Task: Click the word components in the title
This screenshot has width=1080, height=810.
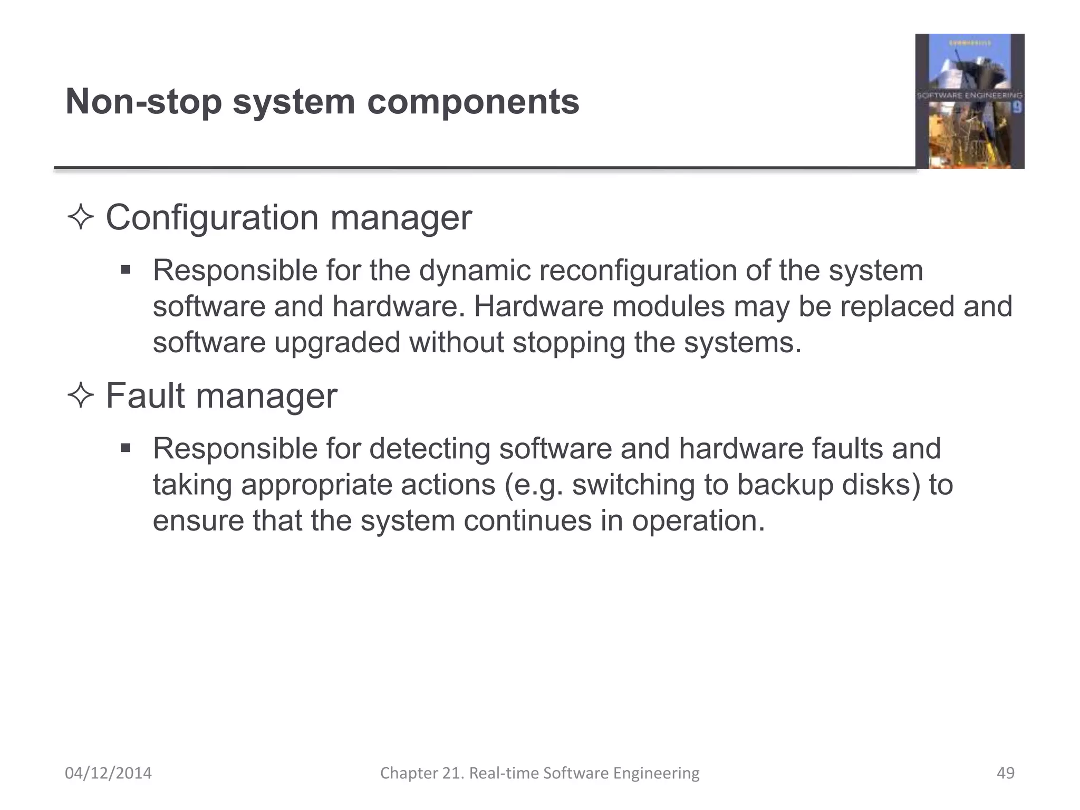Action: click(x=473, y=101)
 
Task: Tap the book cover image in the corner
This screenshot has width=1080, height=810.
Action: click(x=969, y=101)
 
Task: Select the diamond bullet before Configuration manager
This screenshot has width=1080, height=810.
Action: click(x=81, y=217)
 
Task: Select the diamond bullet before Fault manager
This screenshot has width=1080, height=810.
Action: click(x=81, y=396)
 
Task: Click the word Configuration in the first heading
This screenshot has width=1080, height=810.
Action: click(x=212, y=217)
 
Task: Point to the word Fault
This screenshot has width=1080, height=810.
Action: click(x=145, y=396)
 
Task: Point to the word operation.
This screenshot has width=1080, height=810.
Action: click(x=698, y=521)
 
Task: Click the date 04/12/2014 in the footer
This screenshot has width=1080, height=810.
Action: click(x=108, y=773)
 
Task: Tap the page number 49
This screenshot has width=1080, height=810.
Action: click(x=1006, y=773)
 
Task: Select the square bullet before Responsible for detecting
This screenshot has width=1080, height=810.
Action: click(x=125, y=449)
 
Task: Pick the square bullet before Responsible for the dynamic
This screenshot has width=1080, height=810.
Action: click(x=125, y=271)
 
